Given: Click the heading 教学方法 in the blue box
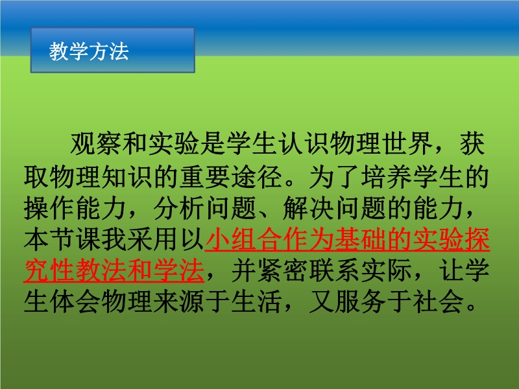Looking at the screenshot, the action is pyautogui.click(x=89, y=51).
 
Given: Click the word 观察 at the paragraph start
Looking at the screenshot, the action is pyautogui.click(x=96, y=144).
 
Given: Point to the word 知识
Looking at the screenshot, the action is pyautogui.click(x=127, y=176).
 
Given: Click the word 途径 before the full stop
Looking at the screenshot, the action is pyautogui.click(x=257, y=176).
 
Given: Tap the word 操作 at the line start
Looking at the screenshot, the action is pyautogui.click(x=49, y=208).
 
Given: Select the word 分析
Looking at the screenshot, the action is pyautogui.click(x=180, y=208).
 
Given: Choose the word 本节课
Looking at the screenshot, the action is pyautogui.click(x=62, y=239).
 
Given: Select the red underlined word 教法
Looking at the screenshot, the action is pyautogui.click(x=102, y=270).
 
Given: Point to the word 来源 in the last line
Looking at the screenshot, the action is pyautogui.click(x=180, y=301).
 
